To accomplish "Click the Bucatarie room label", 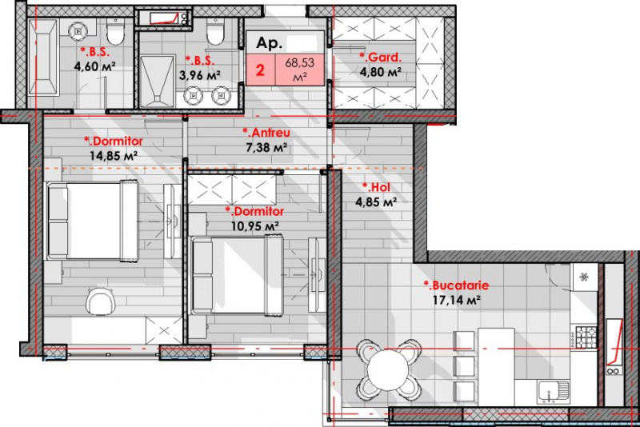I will [456, 285].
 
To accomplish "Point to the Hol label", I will [376, 188].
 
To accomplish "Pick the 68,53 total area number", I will [301, 61].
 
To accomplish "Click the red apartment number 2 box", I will [261, 70].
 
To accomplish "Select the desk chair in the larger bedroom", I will [101, 301].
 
